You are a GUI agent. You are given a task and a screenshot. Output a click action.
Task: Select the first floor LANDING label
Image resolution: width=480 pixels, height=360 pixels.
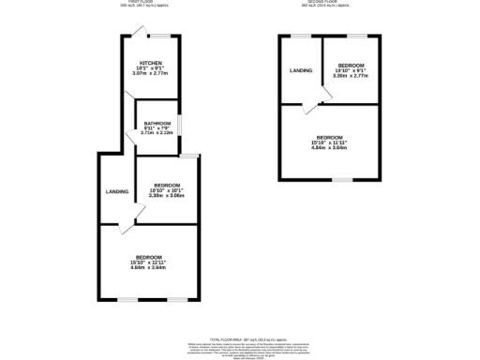click(x=116, y=191)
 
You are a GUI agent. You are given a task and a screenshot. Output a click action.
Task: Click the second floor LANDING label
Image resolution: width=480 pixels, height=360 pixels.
click(x=301, y=70)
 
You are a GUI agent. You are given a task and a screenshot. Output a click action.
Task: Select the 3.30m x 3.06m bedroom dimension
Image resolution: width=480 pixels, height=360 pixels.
click(x=166, y=196)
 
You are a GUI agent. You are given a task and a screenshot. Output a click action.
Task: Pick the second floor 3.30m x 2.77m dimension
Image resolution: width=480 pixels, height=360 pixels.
click(x=351, y=75)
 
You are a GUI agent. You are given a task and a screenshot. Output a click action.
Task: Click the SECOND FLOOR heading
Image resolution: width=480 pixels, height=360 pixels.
click(x=329, y=4)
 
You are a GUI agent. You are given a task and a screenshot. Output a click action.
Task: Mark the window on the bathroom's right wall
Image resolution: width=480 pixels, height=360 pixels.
click(x=181, y=125)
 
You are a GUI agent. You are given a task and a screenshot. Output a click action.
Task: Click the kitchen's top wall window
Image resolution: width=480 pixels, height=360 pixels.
click(x=164, y=36)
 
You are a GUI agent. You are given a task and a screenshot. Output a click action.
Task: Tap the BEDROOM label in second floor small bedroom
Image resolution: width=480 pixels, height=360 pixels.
click(x=351, y=65)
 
